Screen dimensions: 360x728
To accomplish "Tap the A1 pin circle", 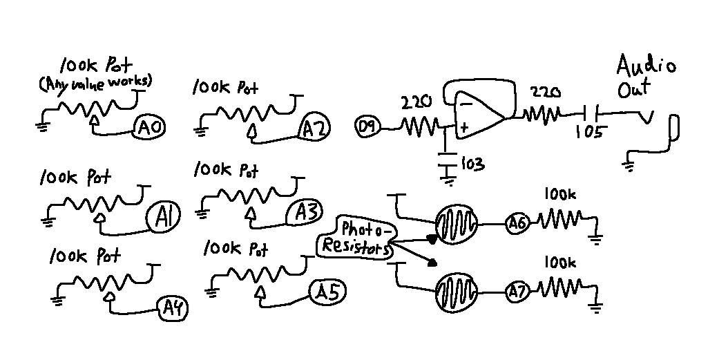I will click(164, 218).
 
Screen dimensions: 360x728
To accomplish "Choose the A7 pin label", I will click(518, 291).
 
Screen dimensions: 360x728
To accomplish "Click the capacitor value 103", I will click(472, 164).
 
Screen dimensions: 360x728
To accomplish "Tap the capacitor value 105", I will click(589, 132).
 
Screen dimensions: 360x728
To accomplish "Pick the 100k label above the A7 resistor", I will click(559, 263).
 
